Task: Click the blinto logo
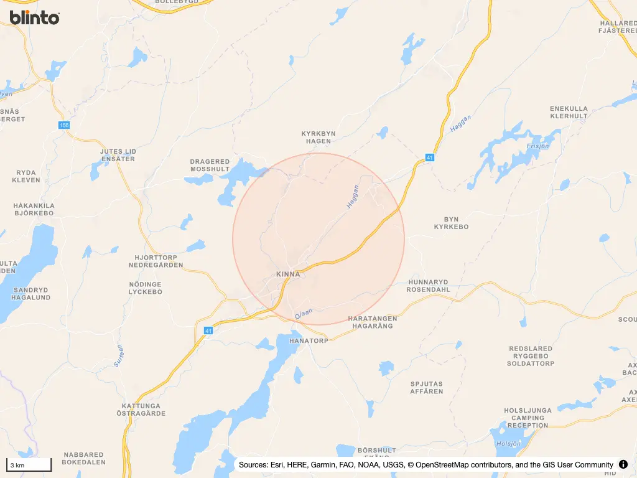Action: (x=35, y=17)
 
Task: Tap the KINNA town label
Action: (x=288, y=274)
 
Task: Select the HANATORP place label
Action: (x=309, y=341)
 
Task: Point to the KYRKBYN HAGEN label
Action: (x=318, y=138)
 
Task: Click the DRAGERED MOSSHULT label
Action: (x=210, y=166)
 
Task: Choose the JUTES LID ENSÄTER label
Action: (x=118, y=155)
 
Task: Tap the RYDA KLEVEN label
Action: (x=26, y=176)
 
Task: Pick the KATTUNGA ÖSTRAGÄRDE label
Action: (x=141, y=410)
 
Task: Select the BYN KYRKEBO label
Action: (x=451, y=223)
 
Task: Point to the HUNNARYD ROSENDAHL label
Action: (x=428, y=286)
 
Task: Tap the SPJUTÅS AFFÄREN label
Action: (x=427, y=388)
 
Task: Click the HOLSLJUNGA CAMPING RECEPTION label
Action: (x=528, y=418)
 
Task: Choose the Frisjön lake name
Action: (x=538, y=146)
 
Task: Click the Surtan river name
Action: (x=119, y=355)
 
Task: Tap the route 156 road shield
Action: (x=65, y=125)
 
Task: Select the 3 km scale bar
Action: (x=29, y=465)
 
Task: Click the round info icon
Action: (x=623, y=464)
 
